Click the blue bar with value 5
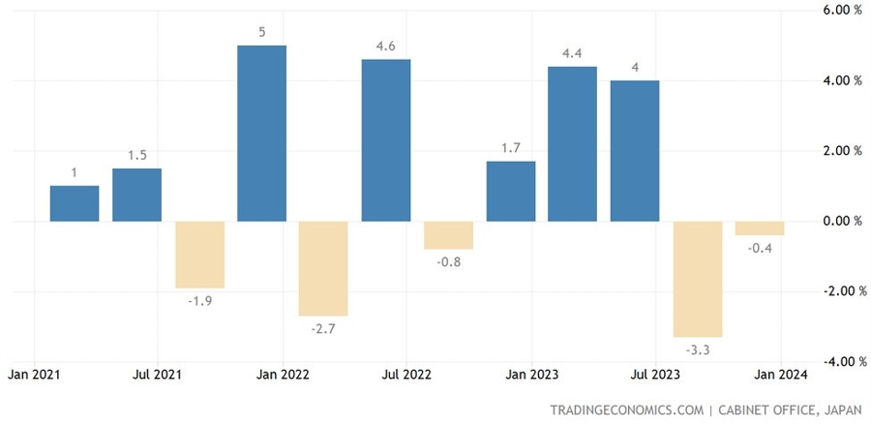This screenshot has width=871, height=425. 261,134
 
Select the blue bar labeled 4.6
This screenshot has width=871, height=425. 385,140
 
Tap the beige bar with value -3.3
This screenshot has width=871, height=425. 697,279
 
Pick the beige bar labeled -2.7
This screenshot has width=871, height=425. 323,268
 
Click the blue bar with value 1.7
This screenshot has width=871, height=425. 510,192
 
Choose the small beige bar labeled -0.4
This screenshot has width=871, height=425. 760,228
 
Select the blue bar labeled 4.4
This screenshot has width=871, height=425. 572,144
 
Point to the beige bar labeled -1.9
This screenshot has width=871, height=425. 199,255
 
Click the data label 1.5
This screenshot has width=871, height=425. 136,155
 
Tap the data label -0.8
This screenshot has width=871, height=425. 448,262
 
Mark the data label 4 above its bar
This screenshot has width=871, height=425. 635,67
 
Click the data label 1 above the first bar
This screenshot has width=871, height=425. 75,172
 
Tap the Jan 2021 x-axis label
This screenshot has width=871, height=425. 35,374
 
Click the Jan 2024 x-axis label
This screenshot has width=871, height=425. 780,374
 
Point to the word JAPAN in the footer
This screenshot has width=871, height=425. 837,409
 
